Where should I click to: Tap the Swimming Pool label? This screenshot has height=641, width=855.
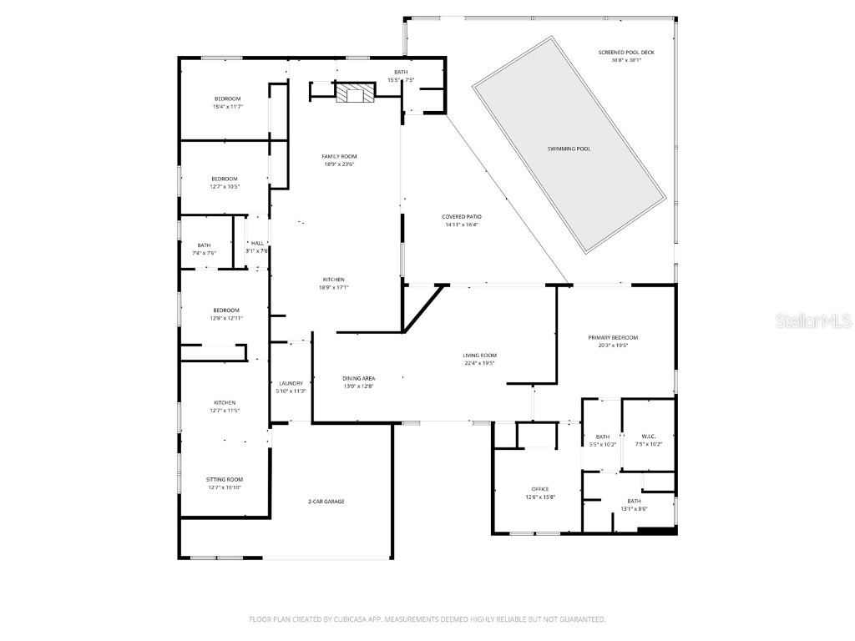[x=569, y=149]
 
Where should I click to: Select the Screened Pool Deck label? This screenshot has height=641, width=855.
[x=626, y=53]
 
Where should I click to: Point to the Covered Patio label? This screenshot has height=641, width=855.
[x=462, y=217]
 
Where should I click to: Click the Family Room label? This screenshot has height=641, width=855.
[x=339, y=157]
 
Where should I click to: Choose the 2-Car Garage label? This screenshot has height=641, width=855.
[x=326, y=502]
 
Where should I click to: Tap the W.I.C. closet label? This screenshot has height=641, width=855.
[x=648, y=437]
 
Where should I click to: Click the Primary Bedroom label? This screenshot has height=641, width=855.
[x=613, y=337]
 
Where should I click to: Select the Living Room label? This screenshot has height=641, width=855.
[x=480, y=356]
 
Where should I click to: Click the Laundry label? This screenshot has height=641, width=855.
[x=291, y=383]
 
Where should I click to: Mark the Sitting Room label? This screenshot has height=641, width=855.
[x=225, y=479]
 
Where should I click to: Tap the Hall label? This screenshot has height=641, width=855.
[x=257, y=243]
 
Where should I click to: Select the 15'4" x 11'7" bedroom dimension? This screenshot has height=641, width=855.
[x=226, y=107]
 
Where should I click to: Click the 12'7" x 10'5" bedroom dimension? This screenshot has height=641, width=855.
[x=224, y=186]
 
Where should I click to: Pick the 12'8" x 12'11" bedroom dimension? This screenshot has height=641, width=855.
[x=225, y=318]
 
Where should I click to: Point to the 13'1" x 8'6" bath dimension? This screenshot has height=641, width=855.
[x=634, y=508]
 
